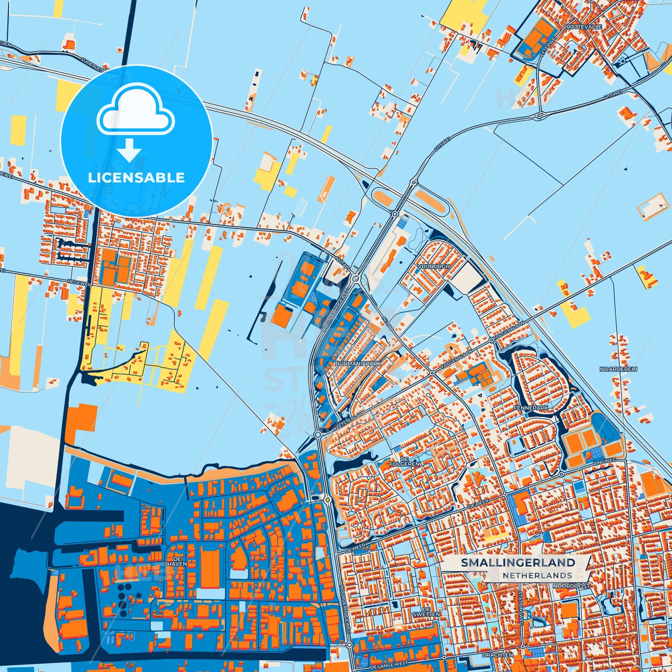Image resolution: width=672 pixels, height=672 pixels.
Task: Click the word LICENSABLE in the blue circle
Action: tap(136, 178)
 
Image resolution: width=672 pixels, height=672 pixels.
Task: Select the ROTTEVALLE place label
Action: tap(584, 27)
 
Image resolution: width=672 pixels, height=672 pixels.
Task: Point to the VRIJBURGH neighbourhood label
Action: tap(434, 266)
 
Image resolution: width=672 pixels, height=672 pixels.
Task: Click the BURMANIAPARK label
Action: tap(358, 363)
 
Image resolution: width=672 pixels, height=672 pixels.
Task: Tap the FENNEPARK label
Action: tap(531, 408)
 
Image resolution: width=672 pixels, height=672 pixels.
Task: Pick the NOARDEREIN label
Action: tap(618, 369)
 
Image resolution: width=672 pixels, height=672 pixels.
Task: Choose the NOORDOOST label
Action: tap(571, 586)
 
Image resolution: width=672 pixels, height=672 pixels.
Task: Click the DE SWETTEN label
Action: tap(426, 612)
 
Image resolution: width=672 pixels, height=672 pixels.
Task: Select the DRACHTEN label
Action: tap(498, 655)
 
